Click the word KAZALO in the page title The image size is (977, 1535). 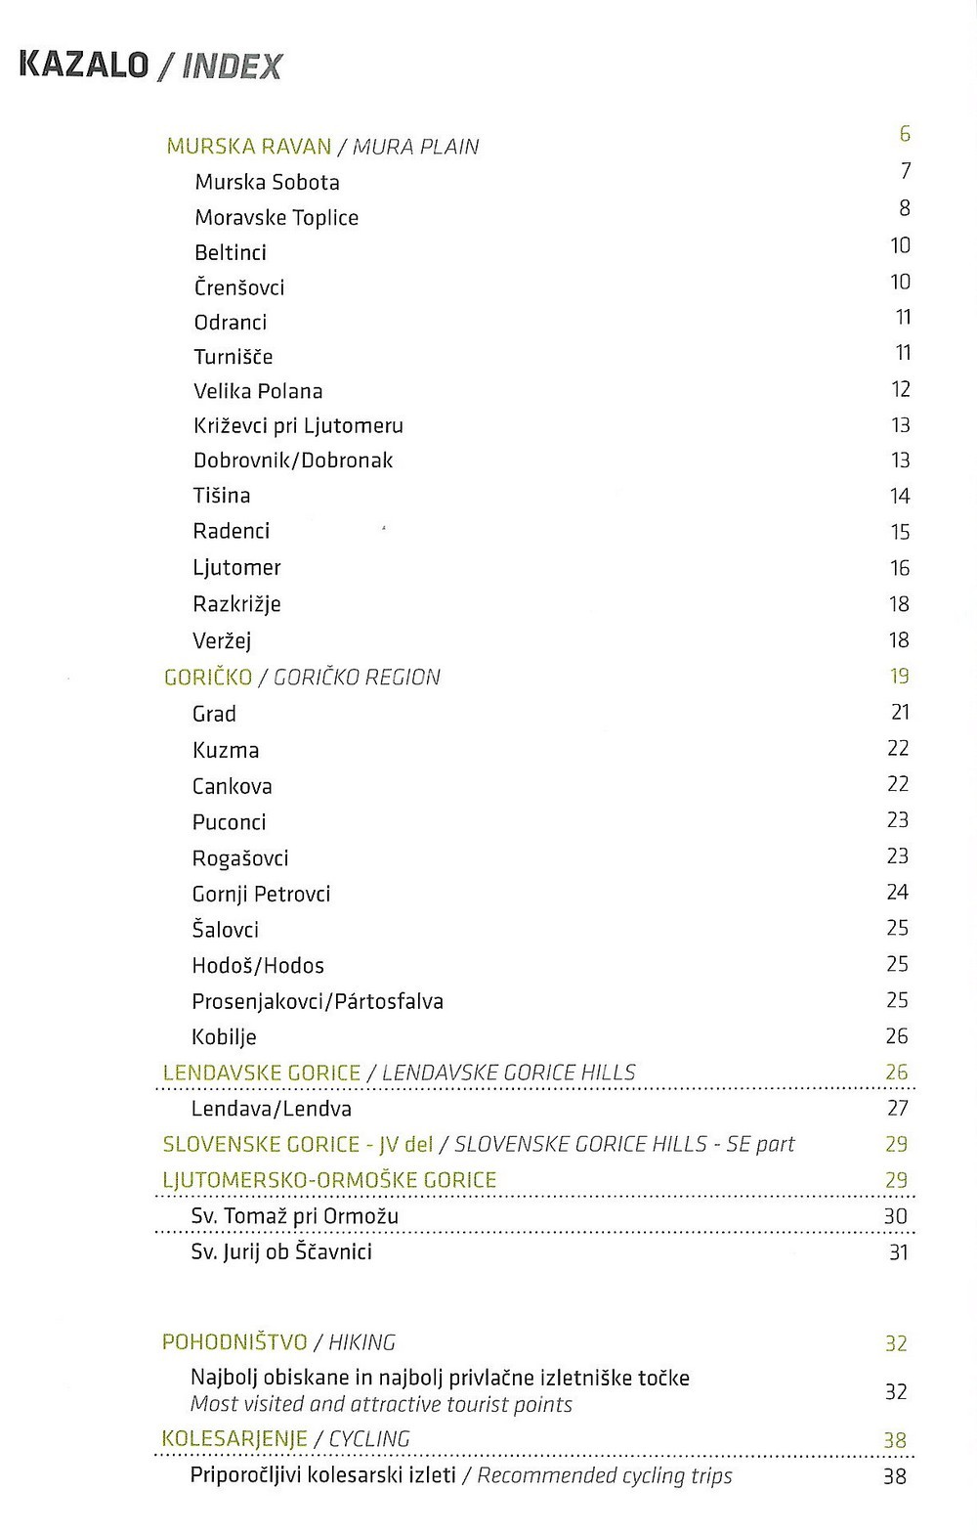pyautogui.click(x=84, y=66)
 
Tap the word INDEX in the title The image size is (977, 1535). pyautogui.click(x=233, y=66)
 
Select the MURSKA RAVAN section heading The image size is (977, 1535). pyautogui.click(x=249, y=147)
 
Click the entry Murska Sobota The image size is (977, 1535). pyautogui.click(x=267, y=182)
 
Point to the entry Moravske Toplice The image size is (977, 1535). pyautogui.click(x=276, y=217)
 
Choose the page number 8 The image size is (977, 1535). pyautogui.click(x=905, y=207)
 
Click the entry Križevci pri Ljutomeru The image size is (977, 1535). pyautogui.click(x=298, y=425)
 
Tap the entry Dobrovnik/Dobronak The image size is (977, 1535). pyautogui.click(x=293, y=460)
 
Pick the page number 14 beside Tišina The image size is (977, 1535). pyautogui.click(x=900, y=496)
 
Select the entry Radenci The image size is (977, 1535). pyautogui.click(x=231, y=531)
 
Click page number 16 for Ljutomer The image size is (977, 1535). pyautogui.click(x=900, y=567)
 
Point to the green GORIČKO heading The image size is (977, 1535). pyautogui.click(x=208, y=677)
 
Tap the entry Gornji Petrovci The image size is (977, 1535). pyautogui.click(x=261, y=894)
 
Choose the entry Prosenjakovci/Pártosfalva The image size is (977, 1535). pyautogui.click(x=318, y=1001)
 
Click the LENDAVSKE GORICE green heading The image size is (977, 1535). pyautogui.click(x=262, y=1073)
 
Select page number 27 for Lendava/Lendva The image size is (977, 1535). pyautogui.click(x=898, y=1108)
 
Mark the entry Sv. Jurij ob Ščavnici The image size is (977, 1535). pyautogui.click(x=281, y=1251)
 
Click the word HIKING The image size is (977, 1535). pyautogui.click(x=361, y=1342)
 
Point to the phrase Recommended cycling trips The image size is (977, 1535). pyautogui.click(x=605, y=1475)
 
